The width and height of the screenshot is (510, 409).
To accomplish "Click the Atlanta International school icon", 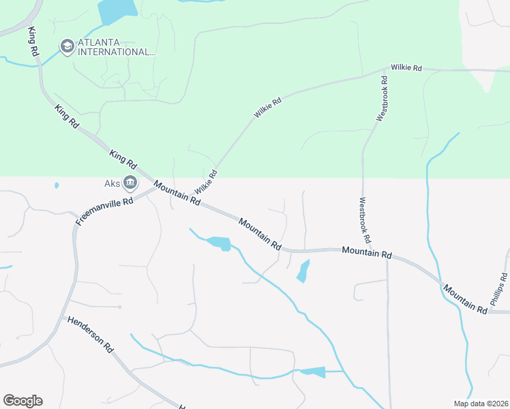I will click(x=67, y=46).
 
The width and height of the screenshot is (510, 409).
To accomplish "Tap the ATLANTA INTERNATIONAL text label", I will click(x=116, y=47).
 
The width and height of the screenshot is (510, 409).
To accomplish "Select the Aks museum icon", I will click(x=130, y=183).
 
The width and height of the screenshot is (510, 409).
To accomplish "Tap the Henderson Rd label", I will click(x=90, y=333).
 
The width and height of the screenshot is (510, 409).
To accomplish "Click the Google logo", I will click(x=22, y=401).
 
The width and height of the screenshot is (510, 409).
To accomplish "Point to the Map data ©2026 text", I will click(x=480, y=404).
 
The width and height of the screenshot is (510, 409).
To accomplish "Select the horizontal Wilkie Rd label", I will click(x=406, y=68).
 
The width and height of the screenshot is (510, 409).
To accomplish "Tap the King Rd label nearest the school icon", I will click(x=33, y=42).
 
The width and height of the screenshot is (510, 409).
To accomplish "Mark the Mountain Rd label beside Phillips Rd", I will click(x=464, y=299).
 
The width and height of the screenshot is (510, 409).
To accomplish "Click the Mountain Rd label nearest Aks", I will click(x=177, y=193).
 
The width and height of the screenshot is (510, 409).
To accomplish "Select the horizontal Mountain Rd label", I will click(x=367, y=252).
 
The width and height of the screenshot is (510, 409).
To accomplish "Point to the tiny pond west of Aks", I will click(x=56, y=185).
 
